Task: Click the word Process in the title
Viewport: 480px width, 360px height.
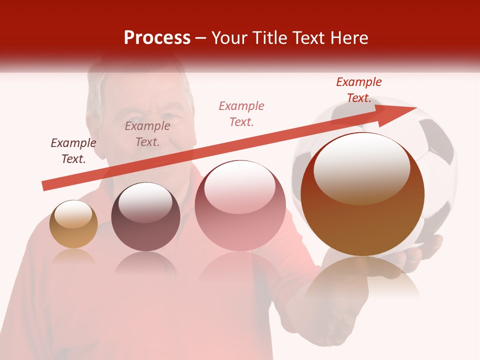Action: pyautogui.click(x=157, y=38)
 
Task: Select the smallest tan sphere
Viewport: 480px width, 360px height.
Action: pyautogui.click(x=73, y=224)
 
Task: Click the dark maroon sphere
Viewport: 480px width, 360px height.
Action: pyautogui.click(x=145, y=217)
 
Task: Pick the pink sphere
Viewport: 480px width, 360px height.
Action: pyautogui.click(x=240, y=206)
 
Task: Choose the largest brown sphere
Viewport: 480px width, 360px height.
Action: pyautogui.click(x=362, y=195)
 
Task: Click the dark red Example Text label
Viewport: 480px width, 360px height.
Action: pyautogui.click(x=359, y=90)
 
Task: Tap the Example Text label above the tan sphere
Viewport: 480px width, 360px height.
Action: pyautogui.click(x=73, y=151)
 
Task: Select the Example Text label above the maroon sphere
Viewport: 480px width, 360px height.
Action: pyautogui.click(x=147, y=134)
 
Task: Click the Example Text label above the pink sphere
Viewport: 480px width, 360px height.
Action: pyautogui.click(x=241, y=114)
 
